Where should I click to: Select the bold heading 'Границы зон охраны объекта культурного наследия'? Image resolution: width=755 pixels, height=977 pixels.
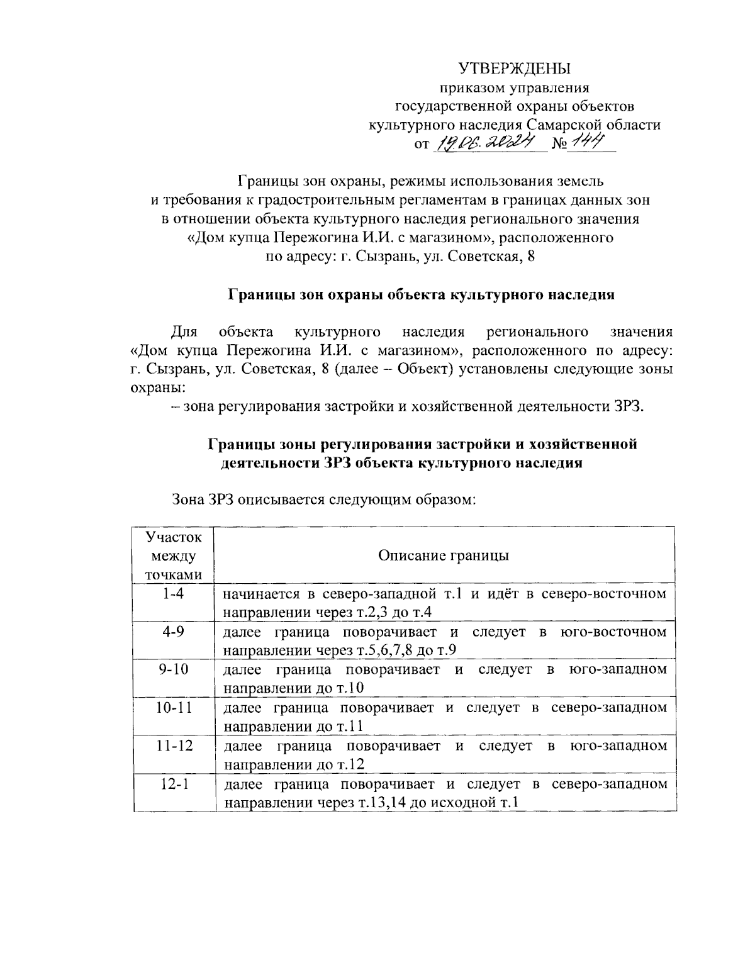(421, 294)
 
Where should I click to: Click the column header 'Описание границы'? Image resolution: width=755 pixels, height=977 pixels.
(444, 555)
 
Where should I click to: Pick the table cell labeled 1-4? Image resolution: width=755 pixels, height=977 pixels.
(172, 593)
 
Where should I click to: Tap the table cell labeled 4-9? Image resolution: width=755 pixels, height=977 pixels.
(172, 632)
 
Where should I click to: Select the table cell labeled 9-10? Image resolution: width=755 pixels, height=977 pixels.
(172, 669)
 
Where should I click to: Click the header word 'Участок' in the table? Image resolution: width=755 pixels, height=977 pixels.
(174, 537)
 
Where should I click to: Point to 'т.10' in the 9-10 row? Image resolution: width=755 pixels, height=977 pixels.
(350, 688)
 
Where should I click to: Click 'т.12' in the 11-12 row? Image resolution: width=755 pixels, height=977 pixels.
(350, 764)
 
